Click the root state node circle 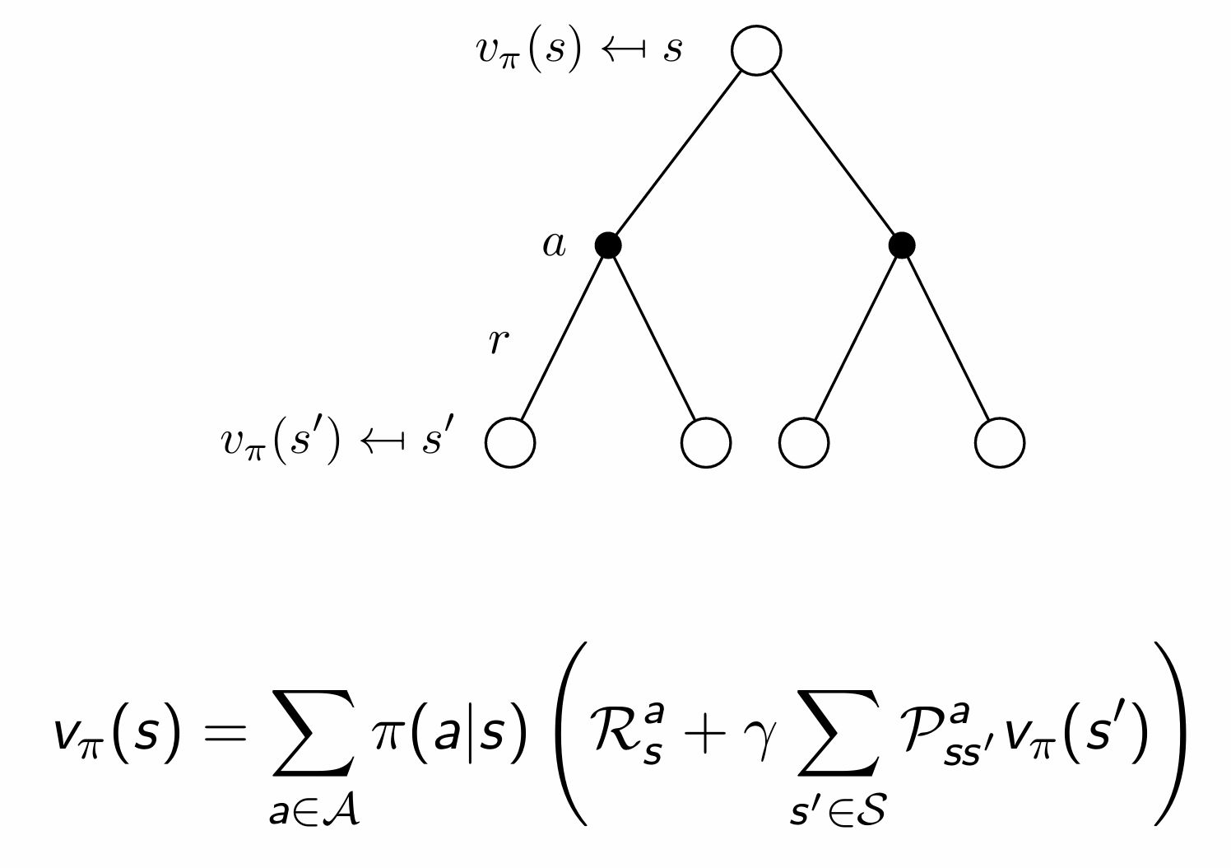click(x=755, y=50)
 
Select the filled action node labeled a click(x=608, y=245)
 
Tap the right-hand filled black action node click(x=902, y=245)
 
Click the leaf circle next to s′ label click(x=510, y=442)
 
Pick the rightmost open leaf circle click(x=999, y=442)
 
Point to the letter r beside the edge click(x=498, y=340)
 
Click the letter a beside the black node click(x=555, y=245)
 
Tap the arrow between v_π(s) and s click(x=622, y=50)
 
